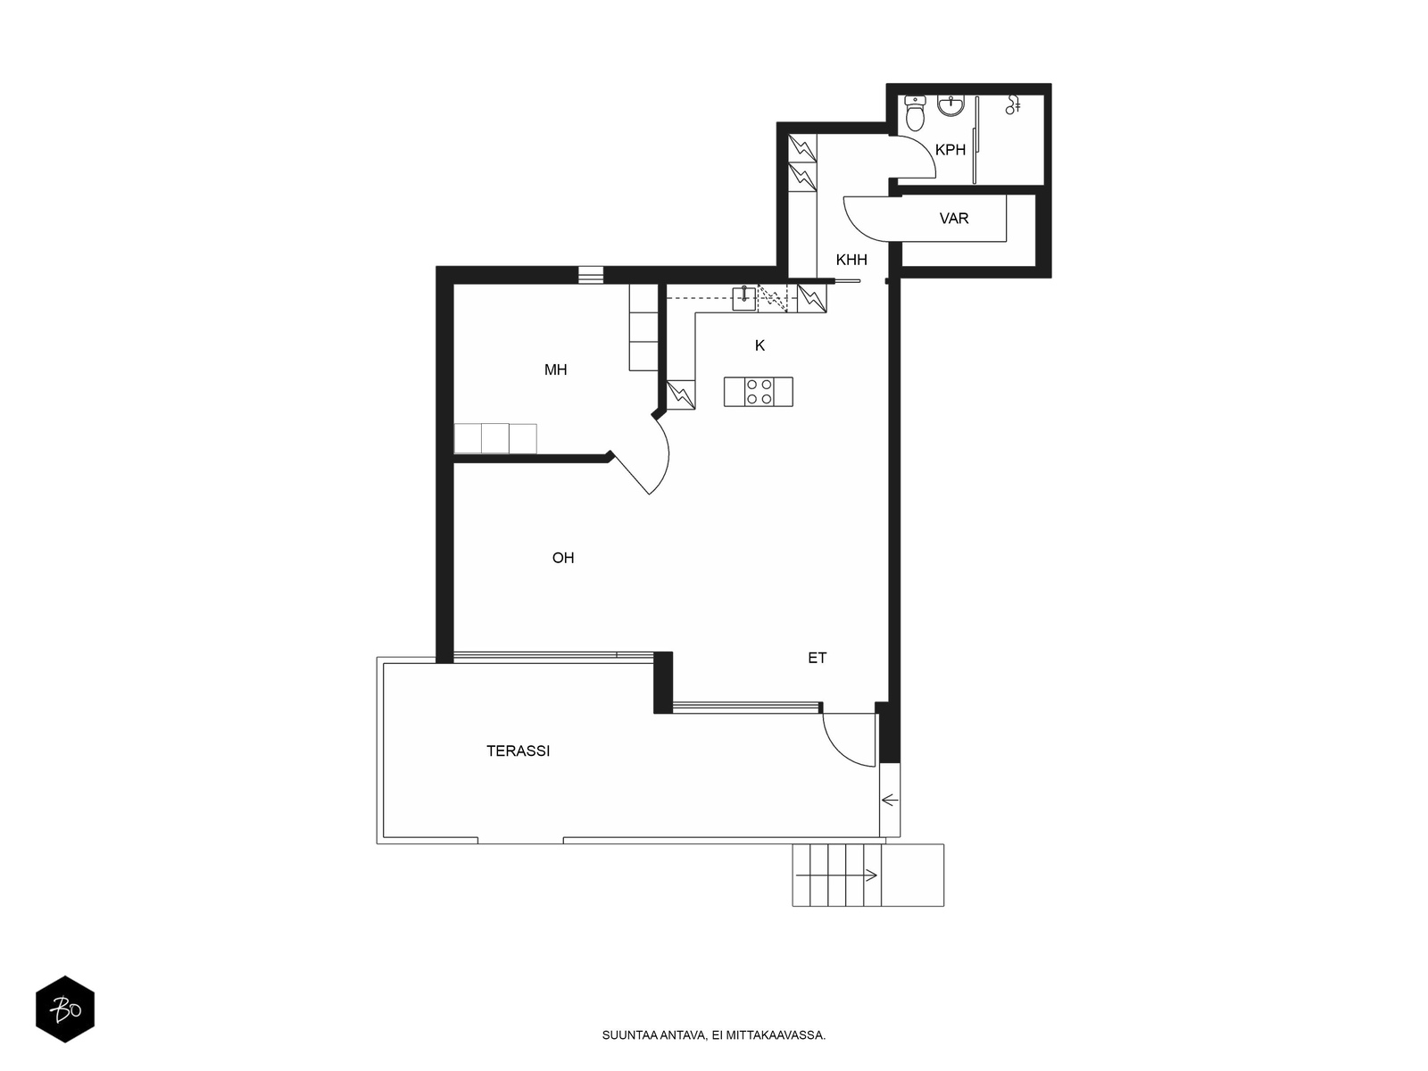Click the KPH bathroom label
tap(950, 150)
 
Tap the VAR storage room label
tap(954, 219)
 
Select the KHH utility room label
tap(851, 260)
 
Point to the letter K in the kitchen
tap(760, 346)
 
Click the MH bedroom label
tap(556, 370)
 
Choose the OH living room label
tap(563, 558)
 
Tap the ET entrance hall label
tap(818, 658)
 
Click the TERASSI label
tap(518, 751)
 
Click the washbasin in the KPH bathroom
tap(951, 105)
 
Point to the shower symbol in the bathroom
tap(1012, 104)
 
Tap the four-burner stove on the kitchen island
tap(759, 392)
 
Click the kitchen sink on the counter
tap(743, 298)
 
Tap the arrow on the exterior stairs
tap(836, 876)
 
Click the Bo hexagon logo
tap(65, 1009)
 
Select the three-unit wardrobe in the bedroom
tap(495, 438)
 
